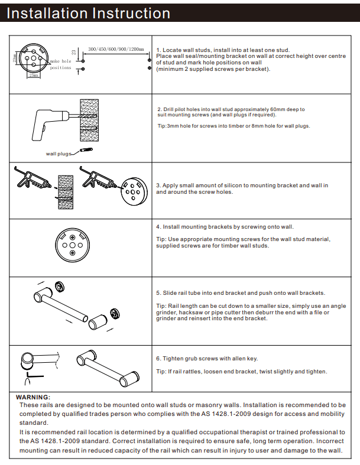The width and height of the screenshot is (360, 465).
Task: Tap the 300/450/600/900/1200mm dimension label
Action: coord(116,48)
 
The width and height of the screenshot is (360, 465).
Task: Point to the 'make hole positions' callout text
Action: coord(60,64)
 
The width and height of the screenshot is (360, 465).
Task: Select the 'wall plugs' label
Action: coord(58,154)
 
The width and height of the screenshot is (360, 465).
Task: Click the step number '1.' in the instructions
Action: coord(158,50)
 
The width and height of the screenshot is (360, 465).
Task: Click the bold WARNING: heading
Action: coord(33,397)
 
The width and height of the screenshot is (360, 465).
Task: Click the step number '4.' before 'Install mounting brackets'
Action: coord(158,226)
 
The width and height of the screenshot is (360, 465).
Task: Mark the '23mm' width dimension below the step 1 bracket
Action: coord(34,76)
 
